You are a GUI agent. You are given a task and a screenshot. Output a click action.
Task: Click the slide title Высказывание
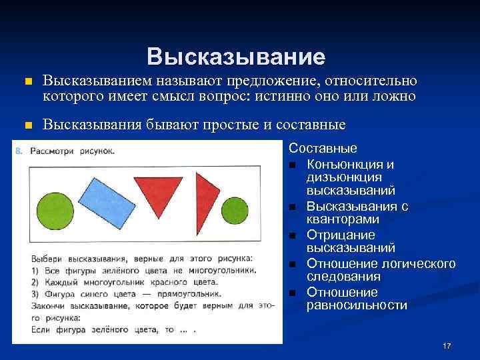pos(237,56)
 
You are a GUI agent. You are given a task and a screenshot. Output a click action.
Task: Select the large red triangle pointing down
pos(164,188)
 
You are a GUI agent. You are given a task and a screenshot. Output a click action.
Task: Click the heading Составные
pos(323,149)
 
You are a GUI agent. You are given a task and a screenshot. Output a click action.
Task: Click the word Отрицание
pos(341,235)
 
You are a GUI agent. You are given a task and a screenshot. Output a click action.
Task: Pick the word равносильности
pos(357,305)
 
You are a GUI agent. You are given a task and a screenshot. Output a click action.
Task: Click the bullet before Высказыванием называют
pos(27,82)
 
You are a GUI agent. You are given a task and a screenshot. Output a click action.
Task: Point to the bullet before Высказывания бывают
pos(27,125)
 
